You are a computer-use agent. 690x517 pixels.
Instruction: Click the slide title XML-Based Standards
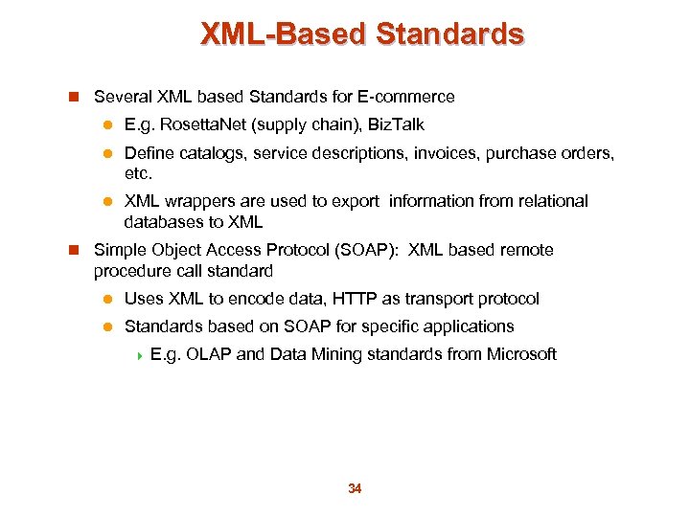(362, 35)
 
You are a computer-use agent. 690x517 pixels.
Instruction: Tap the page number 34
(355, 489)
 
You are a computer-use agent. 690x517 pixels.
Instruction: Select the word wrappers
(197, 201)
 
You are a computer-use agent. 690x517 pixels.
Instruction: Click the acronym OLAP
(209, 354)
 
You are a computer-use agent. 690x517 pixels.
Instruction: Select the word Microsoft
(521, 354)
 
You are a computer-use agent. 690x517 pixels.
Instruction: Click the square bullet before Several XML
(74, 97)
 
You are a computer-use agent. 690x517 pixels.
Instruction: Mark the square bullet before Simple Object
(74, 250)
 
